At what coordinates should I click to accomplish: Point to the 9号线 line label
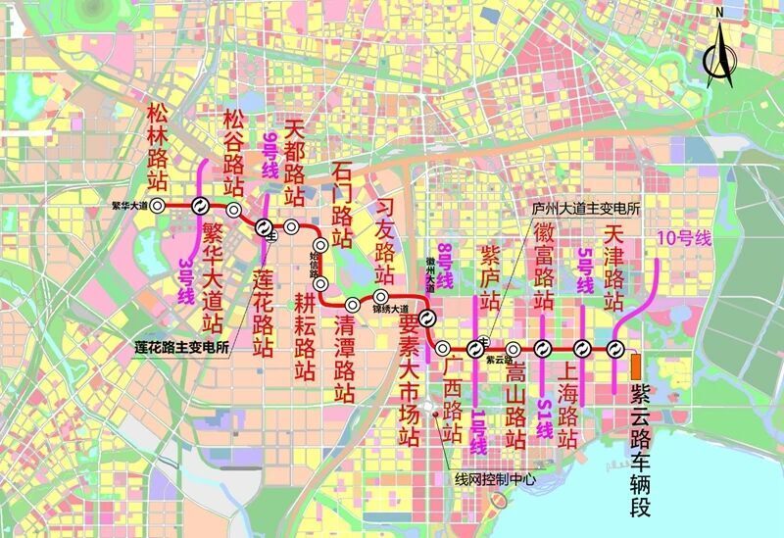click(271, 157)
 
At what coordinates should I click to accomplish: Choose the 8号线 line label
click(445, 266)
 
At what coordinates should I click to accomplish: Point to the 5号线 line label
click(585, 270)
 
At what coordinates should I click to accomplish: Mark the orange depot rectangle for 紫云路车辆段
click(637, 367)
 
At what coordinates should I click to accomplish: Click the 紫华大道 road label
click(129, 206)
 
